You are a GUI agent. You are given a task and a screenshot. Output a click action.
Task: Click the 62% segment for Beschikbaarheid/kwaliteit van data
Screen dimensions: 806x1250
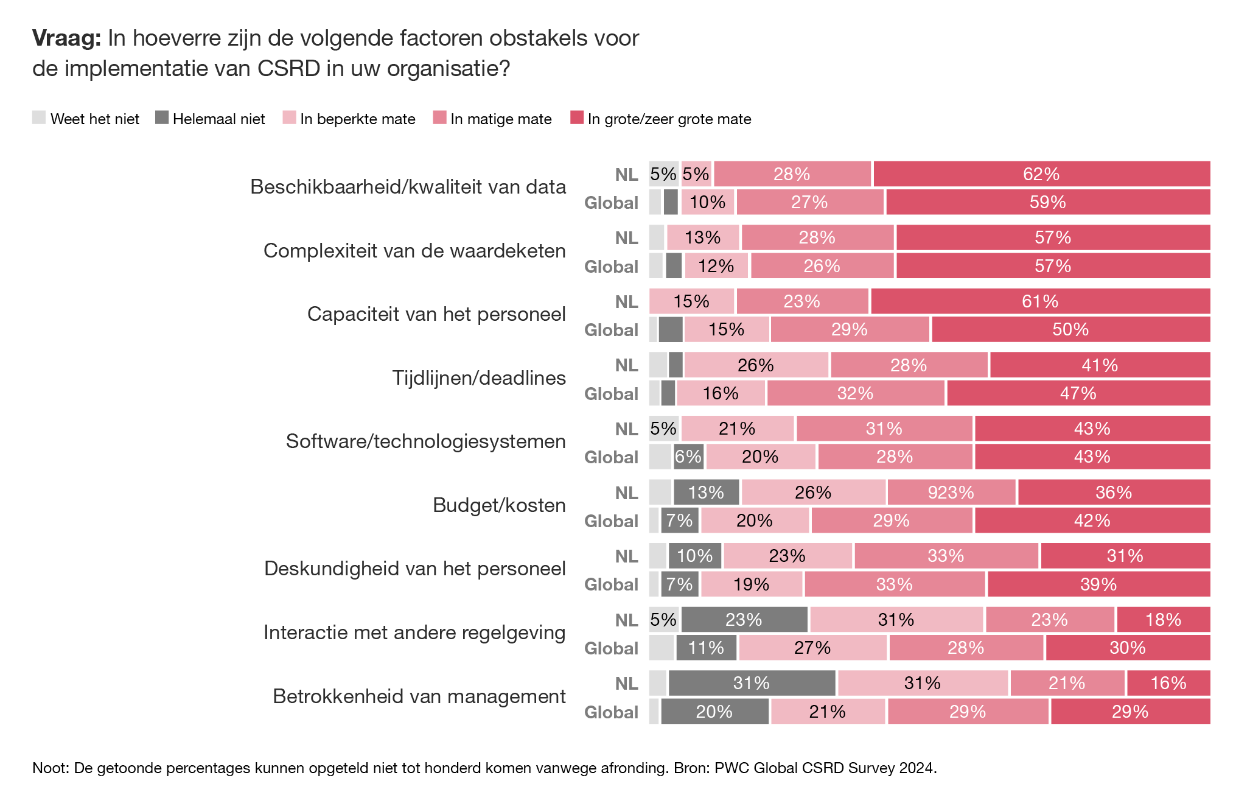[1041, 174]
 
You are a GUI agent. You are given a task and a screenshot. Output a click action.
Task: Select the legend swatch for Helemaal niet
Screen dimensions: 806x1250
[161, 117]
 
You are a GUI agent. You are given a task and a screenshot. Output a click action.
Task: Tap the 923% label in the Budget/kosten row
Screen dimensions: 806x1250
[951, 492]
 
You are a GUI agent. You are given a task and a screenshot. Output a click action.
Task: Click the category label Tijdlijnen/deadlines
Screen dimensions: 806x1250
[479, 378]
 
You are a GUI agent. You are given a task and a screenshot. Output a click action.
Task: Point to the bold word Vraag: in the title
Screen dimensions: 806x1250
[66, 38]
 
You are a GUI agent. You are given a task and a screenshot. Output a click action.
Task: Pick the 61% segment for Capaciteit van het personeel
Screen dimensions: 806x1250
[1040, 301]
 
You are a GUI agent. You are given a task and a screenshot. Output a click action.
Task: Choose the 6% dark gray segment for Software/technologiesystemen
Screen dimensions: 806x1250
[688, 457]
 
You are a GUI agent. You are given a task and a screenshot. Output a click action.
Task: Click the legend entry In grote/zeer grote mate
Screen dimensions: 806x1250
[669, 119]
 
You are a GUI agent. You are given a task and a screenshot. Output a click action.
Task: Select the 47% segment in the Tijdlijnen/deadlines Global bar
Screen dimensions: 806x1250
[1078, 393]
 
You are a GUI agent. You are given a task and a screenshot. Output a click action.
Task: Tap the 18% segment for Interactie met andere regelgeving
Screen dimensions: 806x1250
[1163, 620]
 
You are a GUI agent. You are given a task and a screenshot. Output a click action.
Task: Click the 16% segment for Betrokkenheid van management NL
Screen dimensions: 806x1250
[1168, 683]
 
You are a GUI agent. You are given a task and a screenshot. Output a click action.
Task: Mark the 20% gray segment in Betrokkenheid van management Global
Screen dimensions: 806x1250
[714, 712]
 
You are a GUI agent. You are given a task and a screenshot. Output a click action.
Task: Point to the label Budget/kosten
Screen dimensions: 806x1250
[499, 505]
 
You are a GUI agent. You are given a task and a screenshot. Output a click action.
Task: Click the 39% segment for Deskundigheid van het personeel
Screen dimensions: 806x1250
[1098, 584]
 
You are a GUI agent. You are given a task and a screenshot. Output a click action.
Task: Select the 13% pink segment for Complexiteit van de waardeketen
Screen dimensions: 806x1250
[703, 237]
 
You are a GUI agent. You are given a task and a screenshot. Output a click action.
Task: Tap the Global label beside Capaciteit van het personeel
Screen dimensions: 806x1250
[611, 330]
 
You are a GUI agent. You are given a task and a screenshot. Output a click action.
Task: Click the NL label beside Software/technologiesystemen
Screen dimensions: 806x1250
[626, 429]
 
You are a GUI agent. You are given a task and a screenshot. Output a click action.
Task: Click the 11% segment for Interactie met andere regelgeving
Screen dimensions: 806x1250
[706, 648]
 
